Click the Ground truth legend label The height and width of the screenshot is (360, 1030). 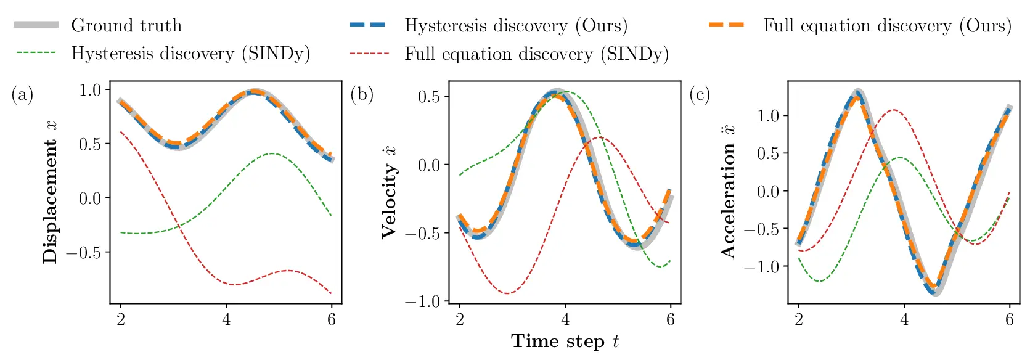coord(126,25)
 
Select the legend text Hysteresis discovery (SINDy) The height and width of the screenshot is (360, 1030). coord(190,54)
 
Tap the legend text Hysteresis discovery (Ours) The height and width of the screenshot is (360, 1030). coord(516,25)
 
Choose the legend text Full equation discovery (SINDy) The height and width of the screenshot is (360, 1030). coord(536,54)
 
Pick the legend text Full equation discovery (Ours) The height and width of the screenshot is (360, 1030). coord(887,25)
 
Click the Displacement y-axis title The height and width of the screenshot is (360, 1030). coord(51,192)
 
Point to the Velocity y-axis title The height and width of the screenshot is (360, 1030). coord(389,192)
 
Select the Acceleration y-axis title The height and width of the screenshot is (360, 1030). coord(728,192)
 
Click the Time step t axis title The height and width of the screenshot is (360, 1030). coord(565,342)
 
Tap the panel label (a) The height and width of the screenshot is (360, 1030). coord(22,95)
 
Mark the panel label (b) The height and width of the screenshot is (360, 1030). coord(362,95)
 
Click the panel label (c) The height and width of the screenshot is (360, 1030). coord(700,95)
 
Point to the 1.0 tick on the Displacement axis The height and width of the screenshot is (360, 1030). coord(90,90)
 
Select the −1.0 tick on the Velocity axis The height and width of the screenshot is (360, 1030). coord(423,301)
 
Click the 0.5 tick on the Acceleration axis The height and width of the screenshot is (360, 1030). coord(768,153)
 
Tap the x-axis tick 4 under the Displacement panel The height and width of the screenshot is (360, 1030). coord(226,319)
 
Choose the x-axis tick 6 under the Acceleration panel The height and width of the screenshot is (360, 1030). coord(1009,319)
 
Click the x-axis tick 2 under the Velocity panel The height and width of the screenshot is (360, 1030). coord(460,319)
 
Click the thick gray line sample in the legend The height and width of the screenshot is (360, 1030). coord(36,25)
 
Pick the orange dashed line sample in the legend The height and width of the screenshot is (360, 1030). coord(727,25)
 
